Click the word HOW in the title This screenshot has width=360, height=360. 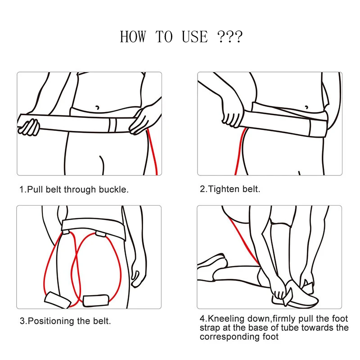click(133, 37)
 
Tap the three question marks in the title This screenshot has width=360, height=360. click(229, 37)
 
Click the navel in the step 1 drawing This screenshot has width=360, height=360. click(97, 108)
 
